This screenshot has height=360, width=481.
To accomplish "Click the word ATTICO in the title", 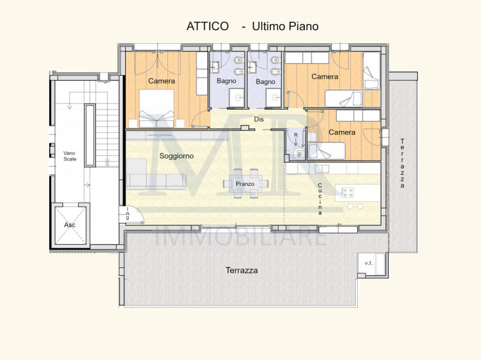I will pos(208,26).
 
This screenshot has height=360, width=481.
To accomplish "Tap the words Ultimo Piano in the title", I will pos(285,26).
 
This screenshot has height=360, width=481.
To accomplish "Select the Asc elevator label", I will pos(70,224).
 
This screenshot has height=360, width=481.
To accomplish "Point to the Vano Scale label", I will pos(70,154).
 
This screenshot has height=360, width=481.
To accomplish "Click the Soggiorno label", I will pos(176,156).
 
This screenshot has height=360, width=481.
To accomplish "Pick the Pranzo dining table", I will pos(245,183).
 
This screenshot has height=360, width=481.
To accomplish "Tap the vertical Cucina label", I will pos(320,198).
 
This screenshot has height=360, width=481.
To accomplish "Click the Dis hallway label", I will pos(259,119).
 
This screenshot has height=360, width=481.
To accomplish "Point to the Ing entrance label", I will pos(128,213).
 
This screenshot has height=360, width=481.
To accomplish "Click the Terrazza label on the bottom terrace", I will pos(242,270).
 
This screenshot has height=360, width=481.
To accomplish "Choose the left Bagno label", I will pos(227,81).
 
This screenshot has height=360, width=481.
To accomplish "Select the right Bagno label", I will pos(265,81).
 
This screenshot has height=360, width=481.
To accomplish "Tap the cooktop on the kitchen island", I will pos(348,192).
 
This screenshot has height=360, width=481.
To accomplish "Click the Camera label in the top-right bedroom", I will pos(325,77).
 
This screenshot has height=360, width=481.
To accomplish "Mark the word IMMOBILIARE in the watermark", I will pos(241,238).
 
